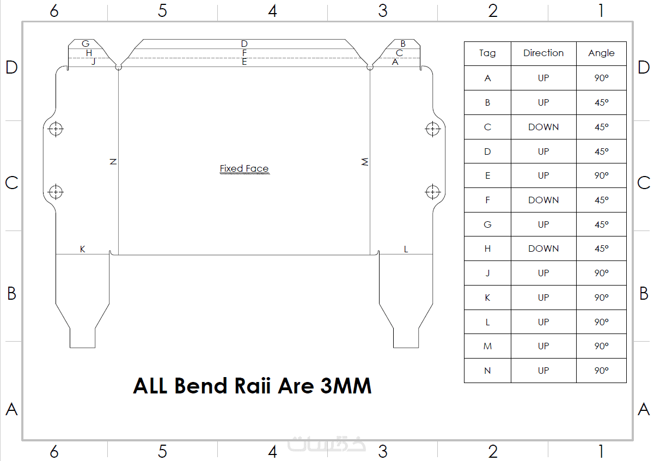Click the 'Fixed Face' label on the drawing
244,168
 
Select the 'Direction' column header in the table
543,53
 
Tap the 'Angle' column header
601,53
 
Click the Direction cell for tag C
543,127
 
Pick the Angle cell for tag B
601,102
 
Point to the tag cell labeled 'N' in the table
487,371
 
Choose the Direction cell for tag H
543,248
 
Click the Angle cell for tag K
601,298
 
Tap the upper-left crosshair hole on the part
56,129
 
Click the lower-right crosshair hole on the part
433,192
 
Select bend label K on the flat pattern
83,249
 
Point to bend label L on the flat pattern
406,249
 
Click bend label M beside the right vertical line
365,161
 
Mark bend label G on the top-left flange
85,44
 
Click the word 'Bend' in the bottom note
200,386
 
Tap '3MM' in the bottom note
346,386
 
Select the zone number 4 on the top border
272,11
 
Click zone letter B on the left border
11,293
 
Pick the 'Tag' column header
487,53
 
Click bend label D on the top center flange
245,44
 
